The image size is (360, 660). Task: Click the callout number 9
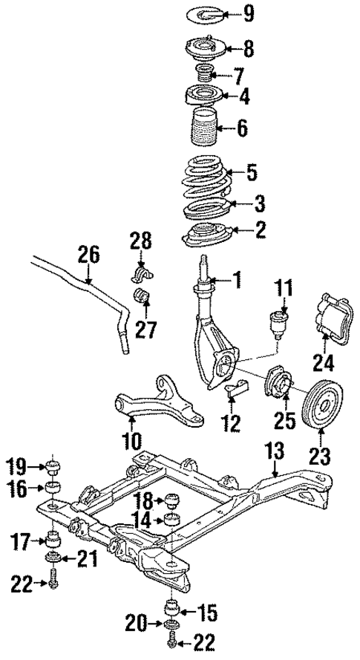[x=249, y=13]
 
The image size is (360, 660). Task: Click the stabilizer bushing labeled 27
[x=141, y=299]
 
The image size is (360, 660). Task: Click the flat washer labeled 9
[x=199, y=13]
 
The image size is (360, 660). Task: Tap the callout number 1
[x=237, y=280]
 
